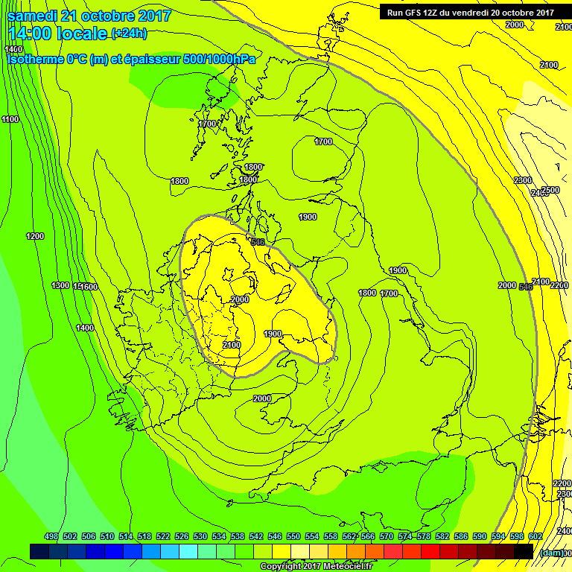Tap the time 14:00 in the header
(34, 33)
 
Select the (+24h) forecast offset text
(129, 33)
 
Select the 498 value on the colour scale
(51, 537)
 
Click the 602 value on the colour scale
(535, 537)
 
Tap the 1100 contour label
(10, 120)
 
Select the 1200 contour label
(35, 237)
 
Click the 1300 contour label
(60, 286)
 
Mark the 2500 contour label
(550, 191)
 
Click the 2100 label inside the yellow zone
(232, 345)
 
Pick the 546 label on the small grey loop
(258, 242)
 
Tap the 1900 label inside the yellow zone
(273, 334)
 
